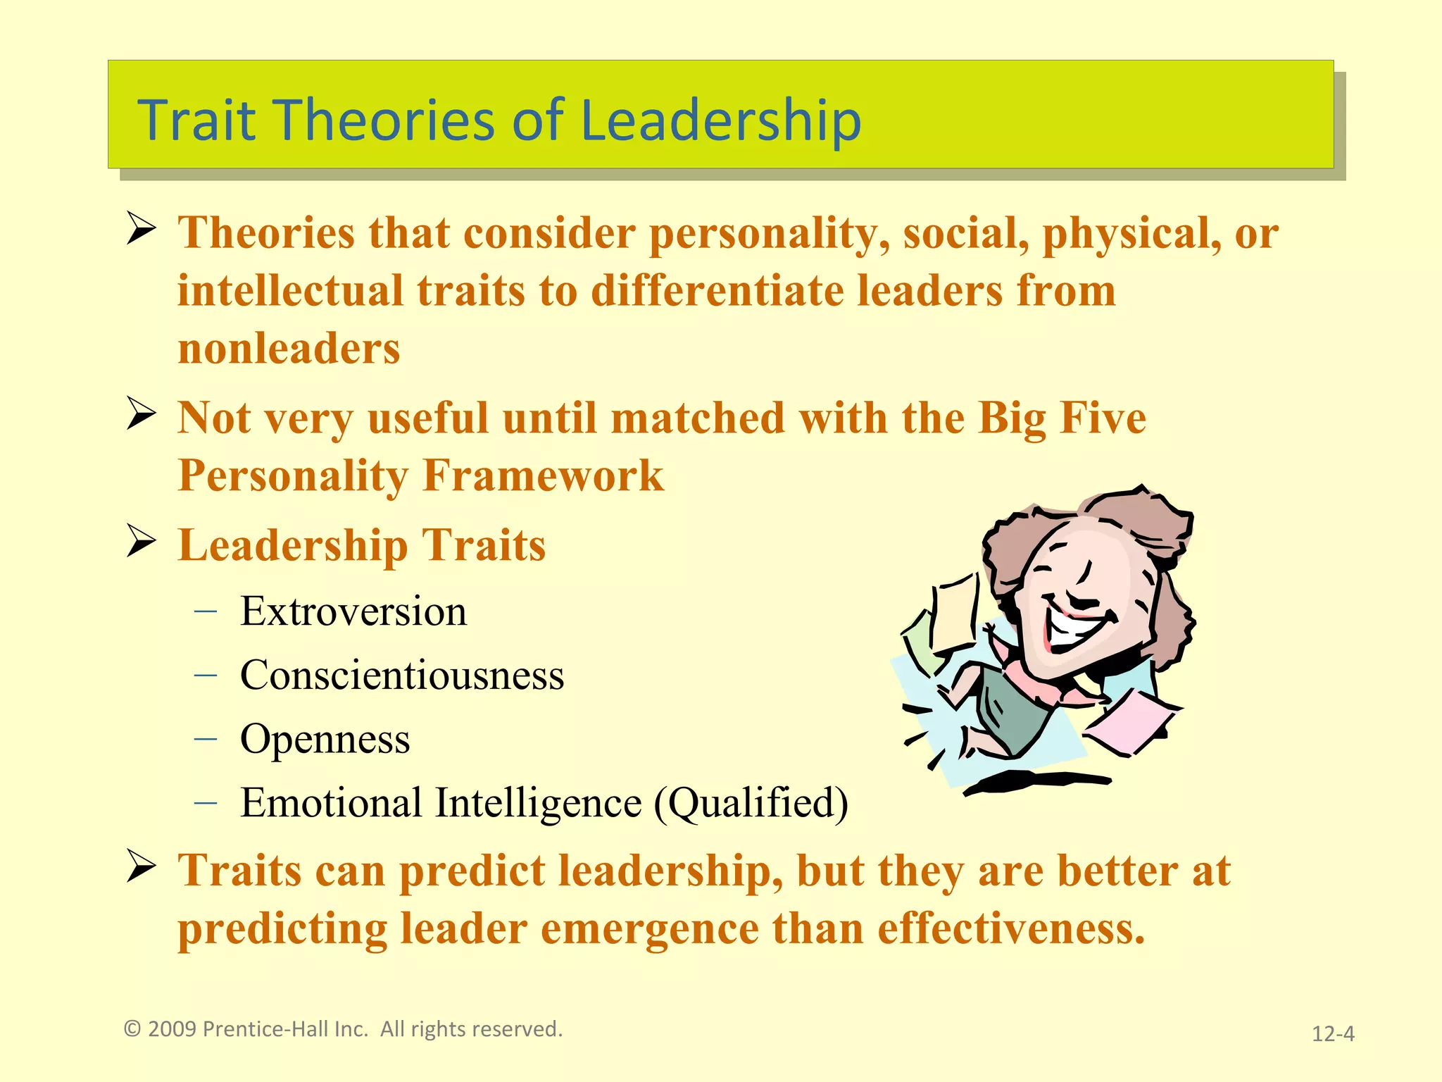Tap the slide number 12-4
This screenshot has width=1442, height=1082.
[1333, 1034]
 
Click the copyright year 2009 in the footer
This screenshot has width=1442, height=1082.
[172, 1029]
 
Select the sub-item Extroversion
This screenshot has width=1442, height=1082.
[353, 611]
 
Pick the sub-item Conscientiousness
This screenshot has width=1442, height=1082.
[401, 676]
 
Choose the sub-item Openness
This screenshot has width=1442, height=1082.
[325, 740]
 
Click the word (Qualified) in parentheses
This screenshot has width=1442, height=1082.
[751, 803]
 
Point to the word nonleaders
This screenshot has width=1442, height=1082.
[289, 349]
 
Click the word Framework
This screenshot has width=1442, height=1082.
[543, 475]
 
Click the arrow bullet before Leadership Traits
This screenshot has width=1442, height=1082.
[141, 541]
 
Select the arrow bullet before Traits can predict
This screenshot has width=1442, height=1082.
[141, 866]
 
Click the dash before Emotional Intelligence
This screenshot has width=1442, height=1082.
[205, 802]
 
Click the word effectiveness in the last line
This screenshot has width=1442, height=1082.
[1011, 928]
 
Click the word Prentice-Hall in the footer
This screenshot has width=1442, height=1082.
[285, 1029]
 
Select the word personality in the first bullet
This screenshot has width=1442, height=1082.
[769, 234]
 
